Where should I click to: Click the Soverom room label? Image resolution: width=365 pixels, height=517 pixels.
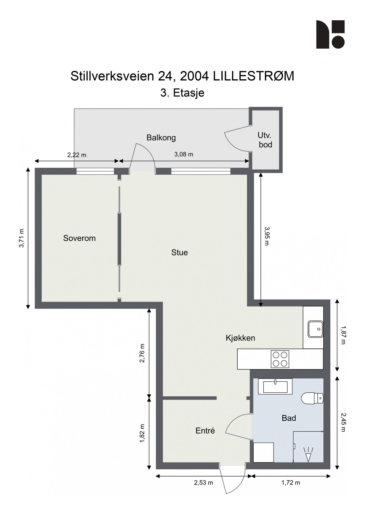[79, 238]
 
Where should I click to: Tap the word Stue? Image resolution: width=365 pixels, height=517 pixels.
[179, 252]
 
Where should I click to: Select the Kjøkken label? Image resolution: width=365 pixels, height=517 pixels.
[240, 338]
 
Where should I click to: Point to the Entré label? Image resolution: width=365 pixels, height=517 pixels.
[205, 431]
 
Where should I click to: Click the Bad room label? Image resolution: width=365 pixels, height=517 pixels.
[288, 418]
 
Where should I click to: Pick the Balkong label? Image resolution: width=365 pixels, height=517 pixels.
[161, 138]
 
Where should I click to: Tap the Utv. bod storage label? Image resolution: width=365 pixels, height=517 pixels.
[265, 140]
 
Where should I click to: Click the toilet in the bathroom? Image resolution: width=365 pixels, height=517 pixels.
[313, 398]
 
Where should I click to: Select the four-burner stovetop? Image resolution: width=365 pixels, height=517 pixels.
[280, 359]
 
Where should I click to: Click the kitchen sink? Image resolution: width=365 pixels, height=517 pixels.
[316, 329]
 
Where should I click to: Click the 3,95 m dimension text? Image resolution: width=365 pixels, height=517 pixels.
[266, 236]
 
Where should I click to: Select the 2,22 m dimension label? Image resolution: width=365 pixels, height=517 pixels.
[77, 155]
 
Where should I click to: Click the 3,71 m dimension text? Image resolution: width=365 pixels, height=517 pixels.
[22, 238]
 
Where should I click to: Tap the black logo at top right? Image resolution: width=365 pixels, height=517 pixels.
[330, 34]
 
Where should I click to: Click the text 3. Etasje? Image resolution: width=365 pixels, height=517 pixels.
[182, 93]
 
